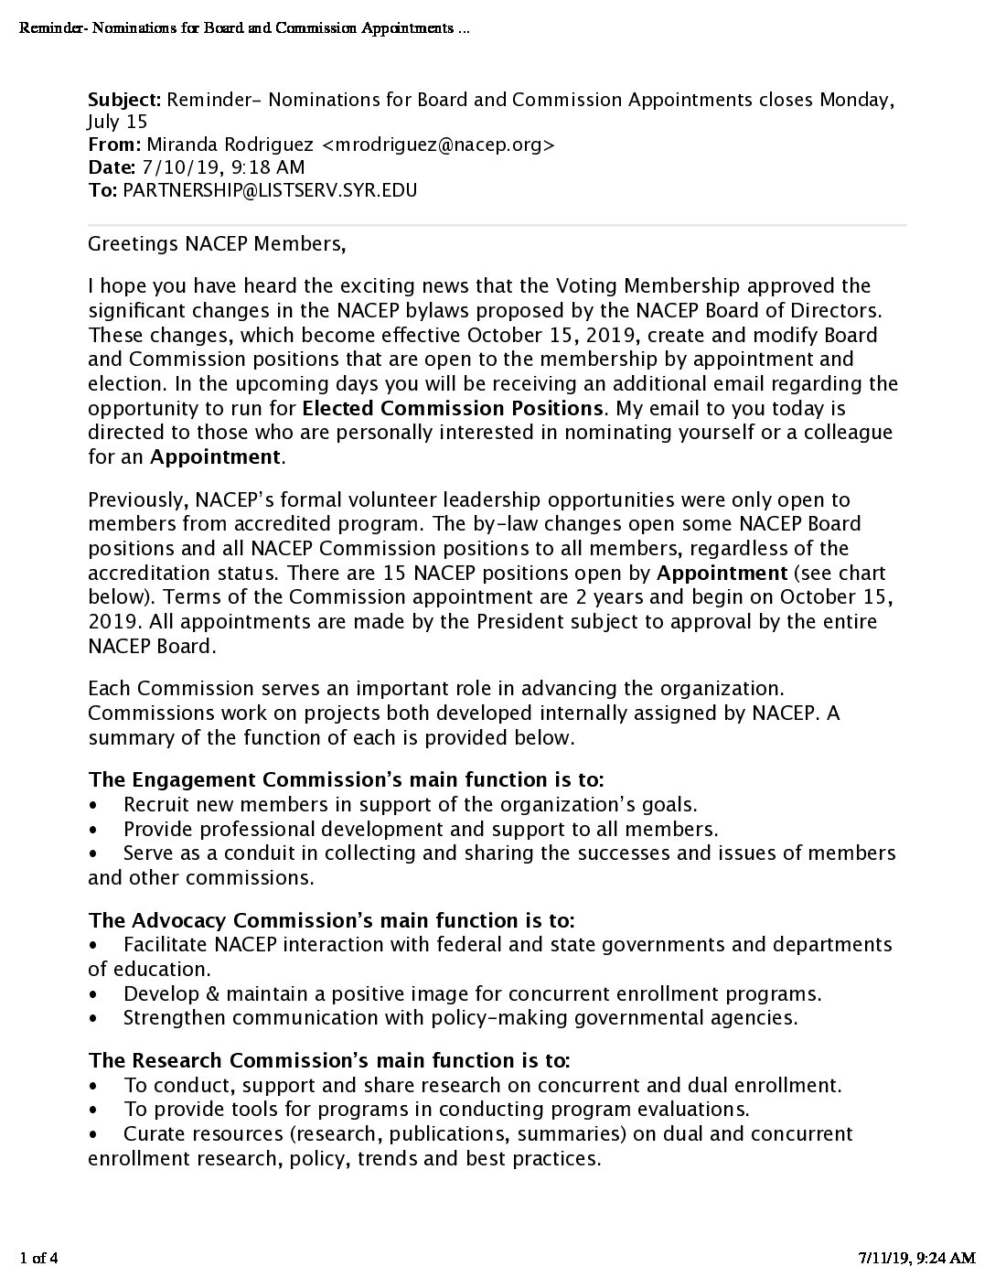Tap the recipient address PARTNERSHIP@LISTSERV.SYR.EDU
[270, 191]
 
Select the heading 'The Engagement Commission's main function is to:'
[346, 780]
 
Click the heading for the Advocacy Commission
[331, 920]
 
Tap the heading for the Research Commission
[329, 1061]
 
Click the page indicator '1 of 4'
[38, 1259]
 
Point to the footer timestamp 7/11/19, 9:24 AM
[909, 1259]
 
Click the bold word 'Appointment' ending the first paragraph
[215, 456]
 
